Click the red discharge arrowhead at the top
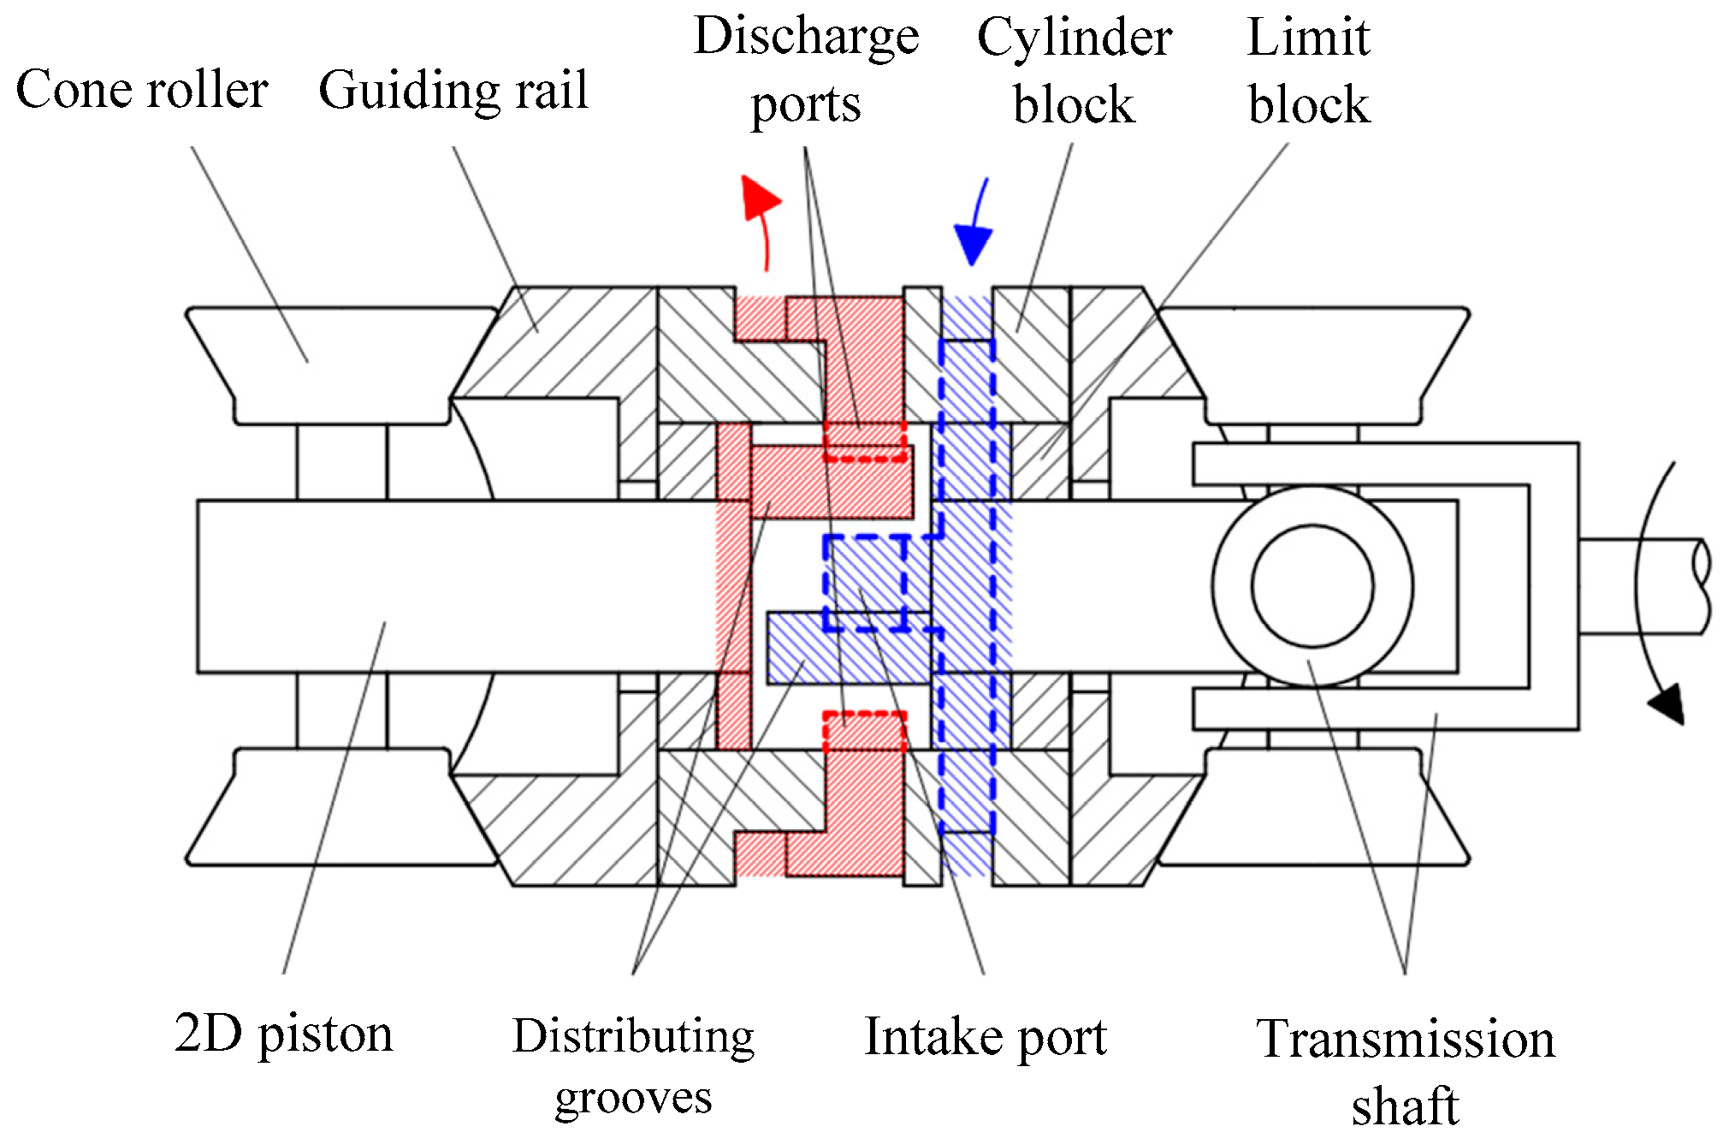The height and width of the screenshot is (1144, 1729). (759, 198)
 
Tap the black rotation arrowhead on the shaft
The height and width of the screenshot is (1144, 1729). (1668, 703)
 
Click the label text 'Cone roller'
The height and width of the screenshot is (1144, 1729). (142, 90)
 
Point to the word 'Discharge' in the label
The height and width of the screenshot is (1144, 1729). (806, 37)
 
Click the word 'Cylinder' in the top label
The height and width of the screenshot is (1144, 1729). (1075, 39)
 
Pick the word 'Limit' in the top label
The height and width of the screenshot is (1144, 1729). (1308, 39)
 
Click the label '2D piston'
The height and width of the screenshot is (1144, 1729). (283, 1034)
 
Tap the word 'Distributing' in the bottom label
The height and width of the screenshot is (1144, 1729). (633, 1036)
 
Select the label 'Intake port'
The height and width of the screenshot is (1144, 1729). (986, 1037)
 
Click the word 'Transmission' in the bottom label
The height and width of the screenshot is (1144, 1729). (1405, 1040)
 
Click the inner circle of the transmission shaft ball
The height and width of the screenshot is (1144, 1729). (1312, 586)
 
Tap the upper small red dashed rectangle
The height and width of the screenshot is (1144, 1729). (865, 442)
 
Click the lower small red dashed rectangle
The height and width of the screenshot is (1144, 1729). (865, 729)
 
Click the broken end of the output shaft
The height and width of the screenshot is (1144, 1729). (1701, 587)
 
